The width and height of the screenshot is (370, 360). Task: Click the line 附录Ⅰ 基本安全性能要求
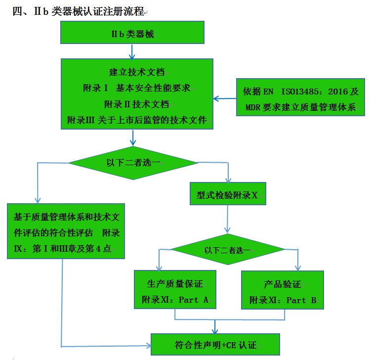coord(136,89)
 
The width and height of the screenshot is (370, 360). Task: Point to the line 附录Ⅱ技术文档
coord(136,104)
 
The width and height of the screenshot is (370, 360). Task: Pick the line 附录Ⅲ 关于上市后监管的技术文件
coord(136,120)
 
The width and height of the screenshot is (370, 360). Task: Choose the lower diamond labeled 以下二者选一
coord(227,250)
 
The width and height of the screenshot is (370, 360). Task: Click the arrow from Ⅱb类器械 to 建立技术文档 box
coord(131,51)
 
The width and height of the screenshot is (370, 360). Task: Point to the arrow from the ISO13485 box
coord(225,98)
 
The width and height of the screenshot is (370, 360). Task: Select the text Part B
coord(301,300)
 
